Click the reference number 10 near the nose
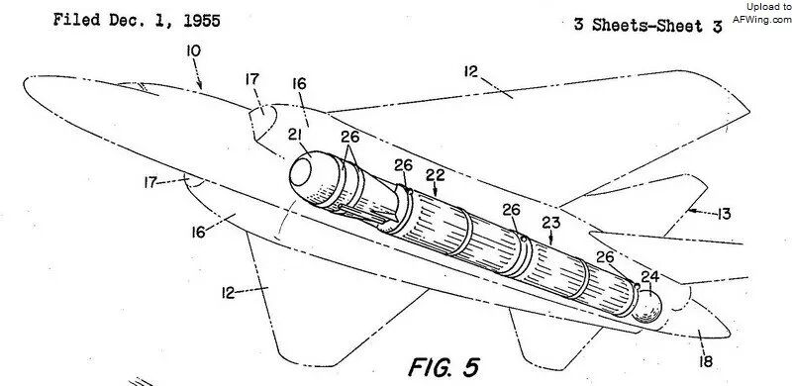click(193, 51)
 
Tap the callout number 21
click(296, 135)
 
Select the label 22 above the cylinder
click(435, 175)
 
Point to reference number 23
click(551, 223)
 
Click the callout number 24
click(650, 277)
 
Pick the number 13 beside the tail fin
click(724, 214)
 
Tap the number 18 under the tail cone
click(706, 361)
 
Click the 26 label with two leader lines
click(349, 137)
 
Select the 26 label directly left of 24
click(605, 257)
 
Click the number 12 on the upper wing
click(471, 71)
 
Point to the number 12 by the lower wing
click(229, 293)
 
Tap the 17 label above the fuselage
click(252, 79)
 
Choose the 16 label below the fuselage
click(199, 232)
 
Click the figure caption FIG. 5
click(444, 367)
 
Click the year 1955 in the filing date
click(201, 21)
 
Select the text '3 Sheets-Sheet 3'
click(648, 26)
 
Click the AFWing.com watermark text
click(761, 19)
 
